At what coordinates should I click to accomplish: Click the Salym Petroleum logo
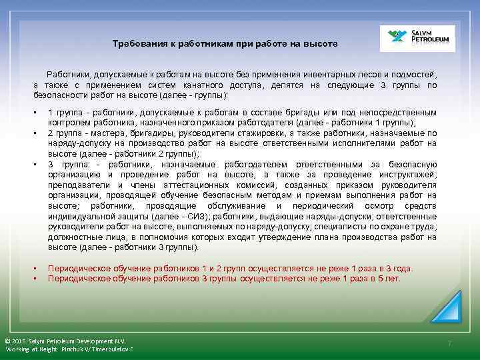[417, 39]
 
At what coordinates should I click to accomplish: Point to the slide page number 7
[449, 343]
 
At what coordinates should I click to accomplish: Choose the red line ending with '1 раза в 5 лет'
[225, 279]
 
